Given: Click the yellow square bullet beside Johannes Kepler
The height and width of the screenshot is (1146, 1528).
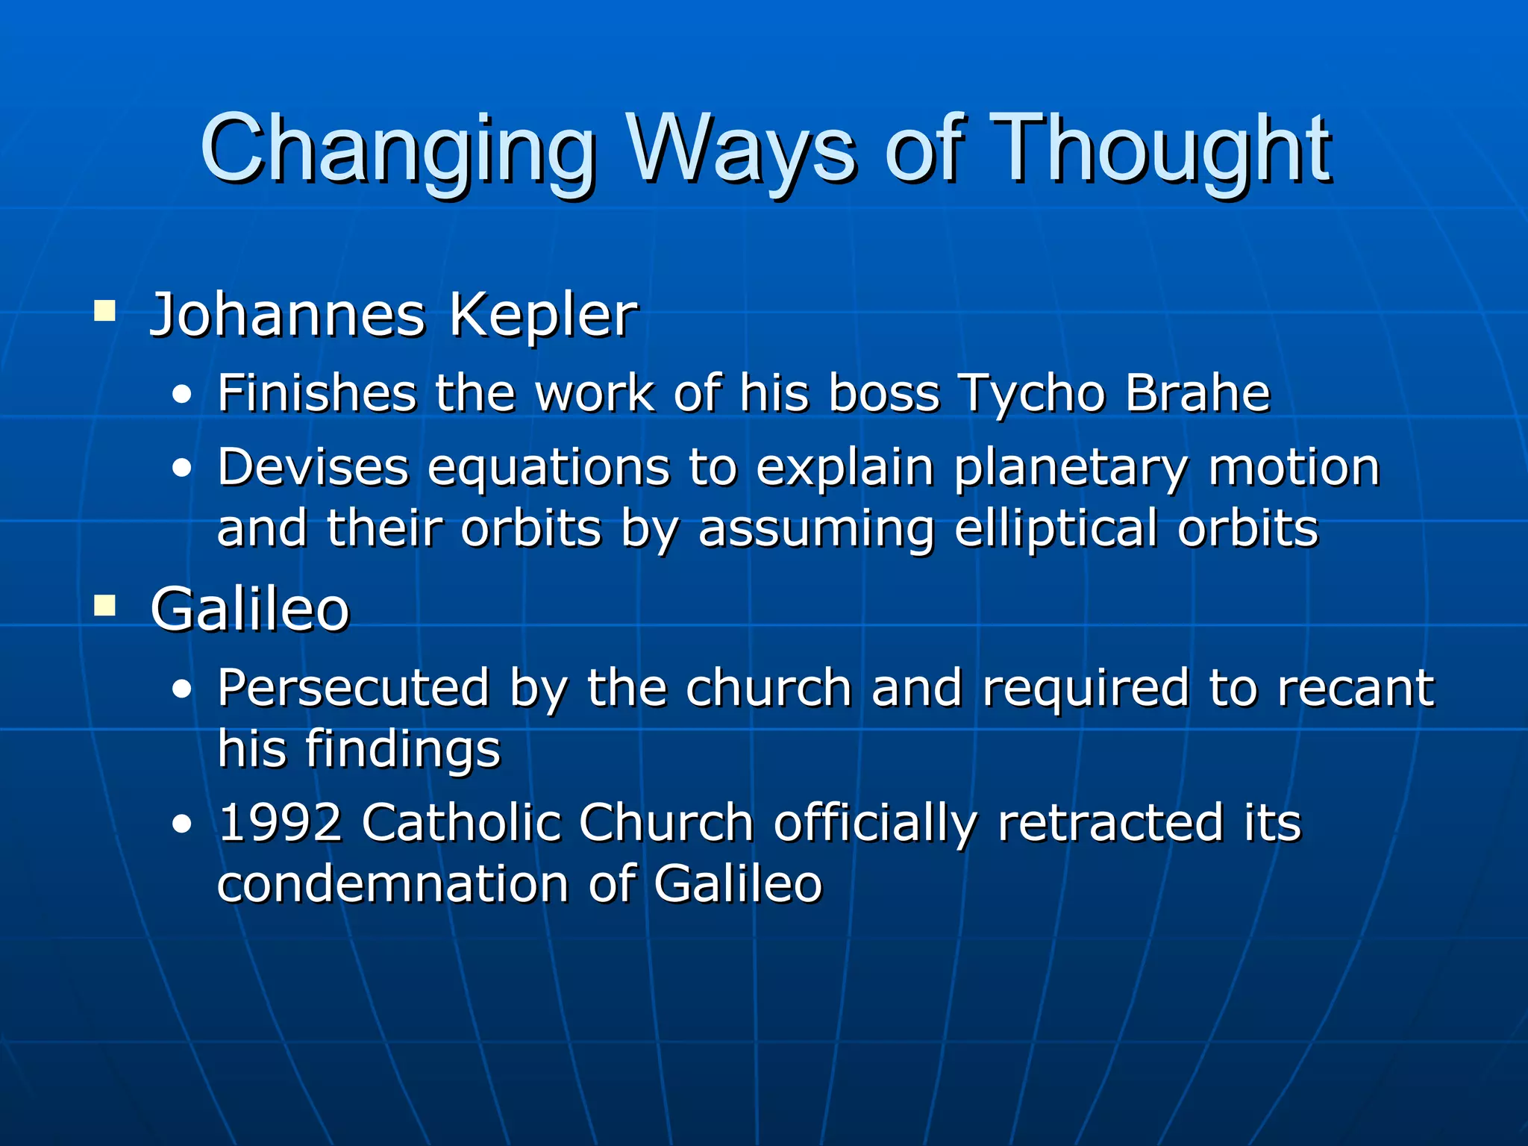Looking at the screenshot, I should point(104,310).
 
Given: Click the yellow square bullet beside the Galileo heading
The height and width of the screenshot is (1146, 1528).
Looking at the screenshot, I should point(104,606).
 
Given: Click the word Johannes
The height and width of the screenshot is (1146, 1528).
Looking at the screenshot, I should point(288,315).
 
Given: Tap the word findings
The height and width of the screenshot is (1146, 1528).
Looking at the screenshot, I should point(404,749).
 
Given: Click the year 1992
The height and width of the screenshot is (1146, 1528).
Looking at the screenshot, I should point(280,823).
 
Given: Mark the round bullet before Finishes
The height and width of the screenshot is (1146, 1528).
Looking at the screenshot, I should point(181,396).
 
